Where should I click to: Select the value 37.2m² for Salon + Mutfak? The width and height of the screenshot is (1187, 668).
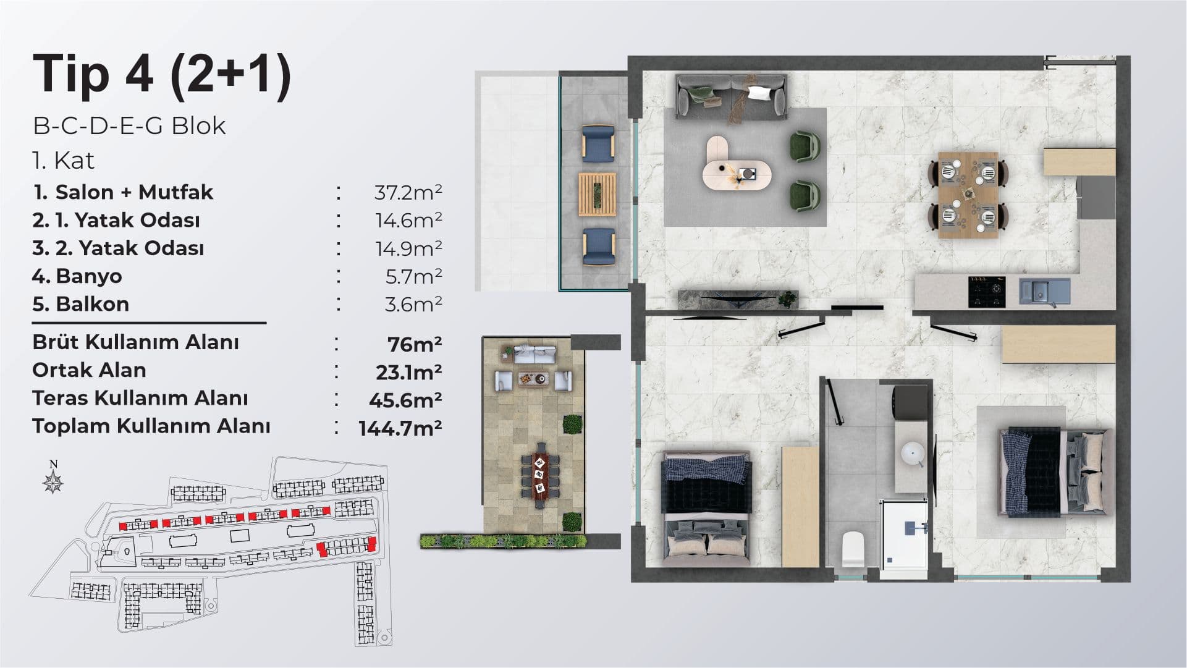(408, 192)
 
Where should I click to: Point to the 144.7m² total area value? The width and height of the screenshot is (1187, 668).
(400, 428)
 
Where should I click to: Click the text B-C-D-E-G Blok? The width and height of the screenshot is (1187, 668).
(129, 126)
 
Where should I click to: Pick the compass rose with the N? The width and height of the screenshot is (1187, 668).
(54, 478)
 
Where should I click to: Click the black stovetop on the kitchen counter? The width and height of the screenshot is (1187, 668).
(987, 292)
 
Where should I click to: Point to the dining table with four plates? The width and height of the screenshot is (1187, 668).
(968, 195)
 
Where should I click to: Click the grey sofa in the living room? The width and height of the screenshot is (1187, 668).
(732, 96)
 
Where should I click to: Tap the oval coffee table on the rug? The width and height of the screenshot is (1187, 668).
(737, 163)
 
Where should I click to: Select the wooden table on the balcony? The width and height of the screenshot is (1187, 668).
(598, 195)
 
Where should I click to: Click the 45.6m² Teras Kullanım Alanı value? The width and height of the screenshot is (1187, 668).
(405, 400)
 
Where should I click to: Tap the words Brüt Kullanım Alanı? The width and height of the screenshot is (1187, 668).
(135, 342)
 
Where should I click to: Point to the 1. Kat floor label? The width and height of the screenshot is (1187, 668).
(64, 161)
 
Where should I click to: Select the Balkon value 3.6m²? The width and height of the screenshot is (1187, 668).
(413, 304)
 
